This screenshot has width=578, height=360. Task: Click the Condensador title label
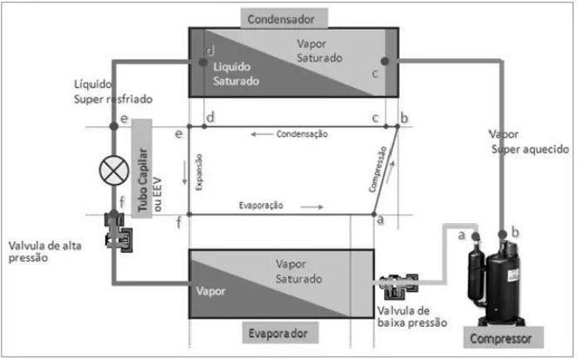[285, 16]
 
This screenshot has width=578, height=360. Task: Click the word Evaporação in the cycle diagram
[261, 204]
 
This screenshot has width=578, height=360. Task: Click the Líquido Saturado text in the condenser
[236, 74]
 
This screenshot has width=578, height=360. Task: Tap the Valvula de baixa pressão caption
[413, 316]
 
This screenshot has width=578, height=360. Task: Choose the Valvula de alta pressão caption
[43, 251]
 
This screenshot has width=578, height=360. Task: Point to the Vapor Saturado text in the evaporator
[299, 270]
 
